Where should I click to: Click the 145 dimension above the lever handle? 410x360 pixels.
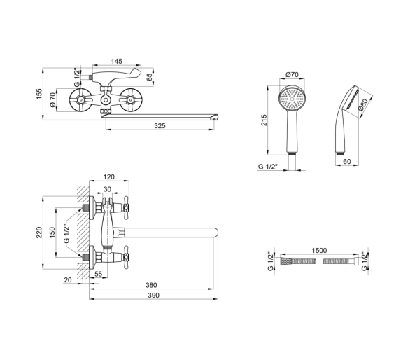[x=116, y=61]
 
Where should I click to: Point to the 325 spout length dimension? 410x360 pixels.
[x=160, y=126]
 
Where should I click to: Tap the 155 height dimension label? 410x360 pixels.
[x=39, y=94]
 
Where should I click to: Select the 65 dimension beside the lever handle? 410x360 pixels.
[x=149, y=77]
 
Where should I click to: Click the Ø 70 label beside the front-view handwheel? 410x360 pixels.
[x=52, y=99]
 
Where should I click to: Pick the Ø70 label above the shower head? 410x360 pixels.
[x=292, y=75]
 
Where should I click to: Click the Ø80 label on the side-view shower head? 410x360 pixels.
[x=363, y=105]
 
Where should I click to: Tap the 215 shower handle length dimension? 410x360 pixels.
[x=264, y=120]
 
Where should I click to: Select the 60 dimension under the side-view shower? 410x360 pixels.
[x=347, y=162]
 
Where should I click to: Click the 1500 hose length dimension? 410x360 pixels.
[x=319, y=251]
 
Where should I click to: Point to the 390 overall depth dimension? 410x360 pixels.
[x=153, y=296]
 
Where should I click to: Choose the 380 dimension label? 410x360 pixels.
[x=151, y=285]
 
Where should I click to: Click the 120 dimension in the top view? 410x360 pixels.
[x=108, y=177]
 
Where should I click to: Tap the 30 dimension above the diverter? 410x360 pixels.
[x=107, y=189]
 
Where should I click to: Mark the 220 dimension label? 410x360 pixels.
[x=39, y=233]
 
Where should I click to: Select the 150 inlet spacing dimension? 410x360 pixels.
[x=52, y=233]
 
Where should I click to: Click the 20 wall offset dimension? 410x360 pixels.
[x=67, y=280]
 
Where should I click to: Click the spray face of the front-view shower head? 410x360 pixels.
[x=292, y=99]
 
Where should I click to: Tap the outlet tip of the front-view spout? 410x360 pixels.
[x=215, y=117]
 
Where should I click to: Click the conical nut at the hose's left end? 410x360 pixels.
[x=285, y=261]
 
